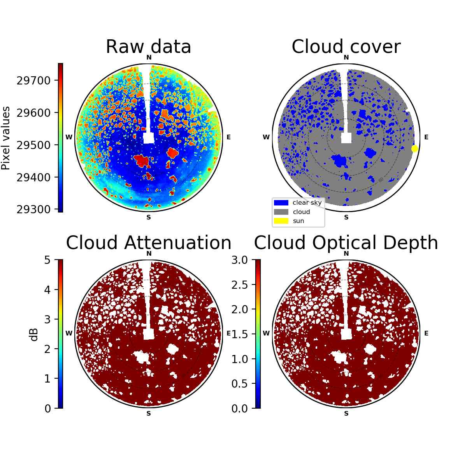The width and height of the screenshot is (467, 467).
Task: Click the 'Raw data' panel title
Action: (x=148, y=47)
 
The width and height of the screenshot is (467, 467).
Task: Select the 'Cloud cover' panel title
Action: (x=346, y=47)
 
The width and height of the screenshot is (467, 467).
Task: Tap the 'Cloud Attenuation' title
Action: (x=149, y=242)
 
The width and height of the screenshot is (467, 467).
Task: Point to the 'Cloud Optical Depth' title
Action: (x=346, y=242)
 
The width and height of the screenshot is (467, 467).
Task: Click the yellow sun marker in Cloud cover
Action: (x=414, y=149)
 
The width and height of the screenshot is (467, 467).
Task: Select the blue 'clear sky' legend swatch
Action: (x=281, y=203)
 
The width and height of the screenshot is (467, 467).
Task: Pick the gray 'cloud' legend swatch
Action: (x=281, y=212)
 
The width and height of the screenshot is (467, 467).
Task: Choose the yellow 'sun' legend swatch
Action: (x=281, y=221)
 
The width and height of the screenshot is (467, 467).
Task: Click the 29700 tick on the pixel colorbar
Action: (x=34, y=81)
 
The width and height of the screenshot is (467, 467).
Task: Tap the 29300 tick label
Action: (x=34, y=209)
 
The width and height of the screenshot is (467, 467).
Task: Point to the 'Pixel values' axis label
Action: (x=5, y=138)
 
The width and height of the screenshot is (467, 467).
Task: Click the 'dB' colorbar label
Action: (x=34, y=335)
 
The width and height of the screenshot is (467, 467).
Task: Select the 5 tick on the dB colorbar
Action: (x=47, y=260)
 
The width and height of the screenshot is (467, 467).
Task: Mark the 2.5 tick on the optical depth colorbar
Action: (x=239, y=285)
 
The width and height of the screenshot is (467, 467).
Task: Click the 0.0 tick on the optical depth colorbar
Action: (x=239, y=409)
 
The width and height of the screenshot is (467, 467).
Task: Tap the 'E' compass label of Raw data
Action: (x=228, y=137)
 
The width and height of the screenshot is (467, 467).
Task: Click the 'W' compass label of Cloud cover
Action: (x=266, y=137)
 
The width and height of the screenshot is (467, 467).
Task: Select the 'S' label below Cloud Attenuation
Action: (x=149, y=413)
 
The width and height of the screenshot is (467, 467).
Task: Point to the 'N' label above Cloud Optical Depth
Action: (x=346, y=253)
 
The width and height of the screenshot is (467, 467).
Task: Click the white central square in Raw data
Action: (x=149, y=138)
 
